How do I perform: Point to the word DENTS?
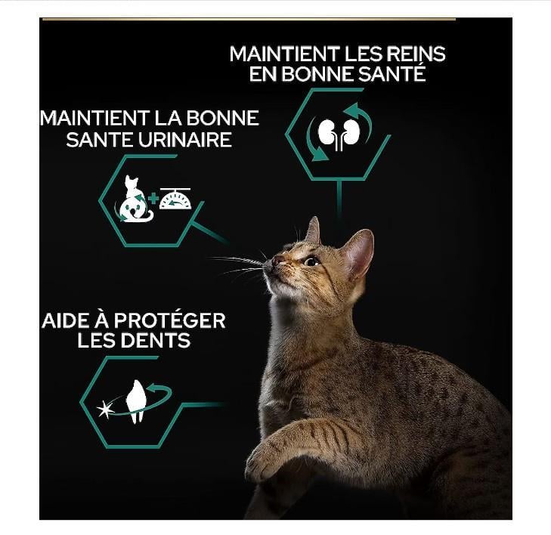tap(157, 340)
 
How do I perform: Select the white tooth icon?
tap(136, 400)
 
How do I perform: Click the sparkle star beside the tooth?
tap(105, 410)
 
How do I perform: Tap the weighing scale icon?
tap(175, 199)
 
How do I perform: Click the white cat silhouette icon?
tap(134, 199)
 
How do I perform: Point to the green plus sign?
tap(153, 199)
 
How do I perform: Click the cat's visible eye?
tap(311, 261)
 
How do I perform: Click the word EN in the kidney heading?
tap(262, 74)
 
